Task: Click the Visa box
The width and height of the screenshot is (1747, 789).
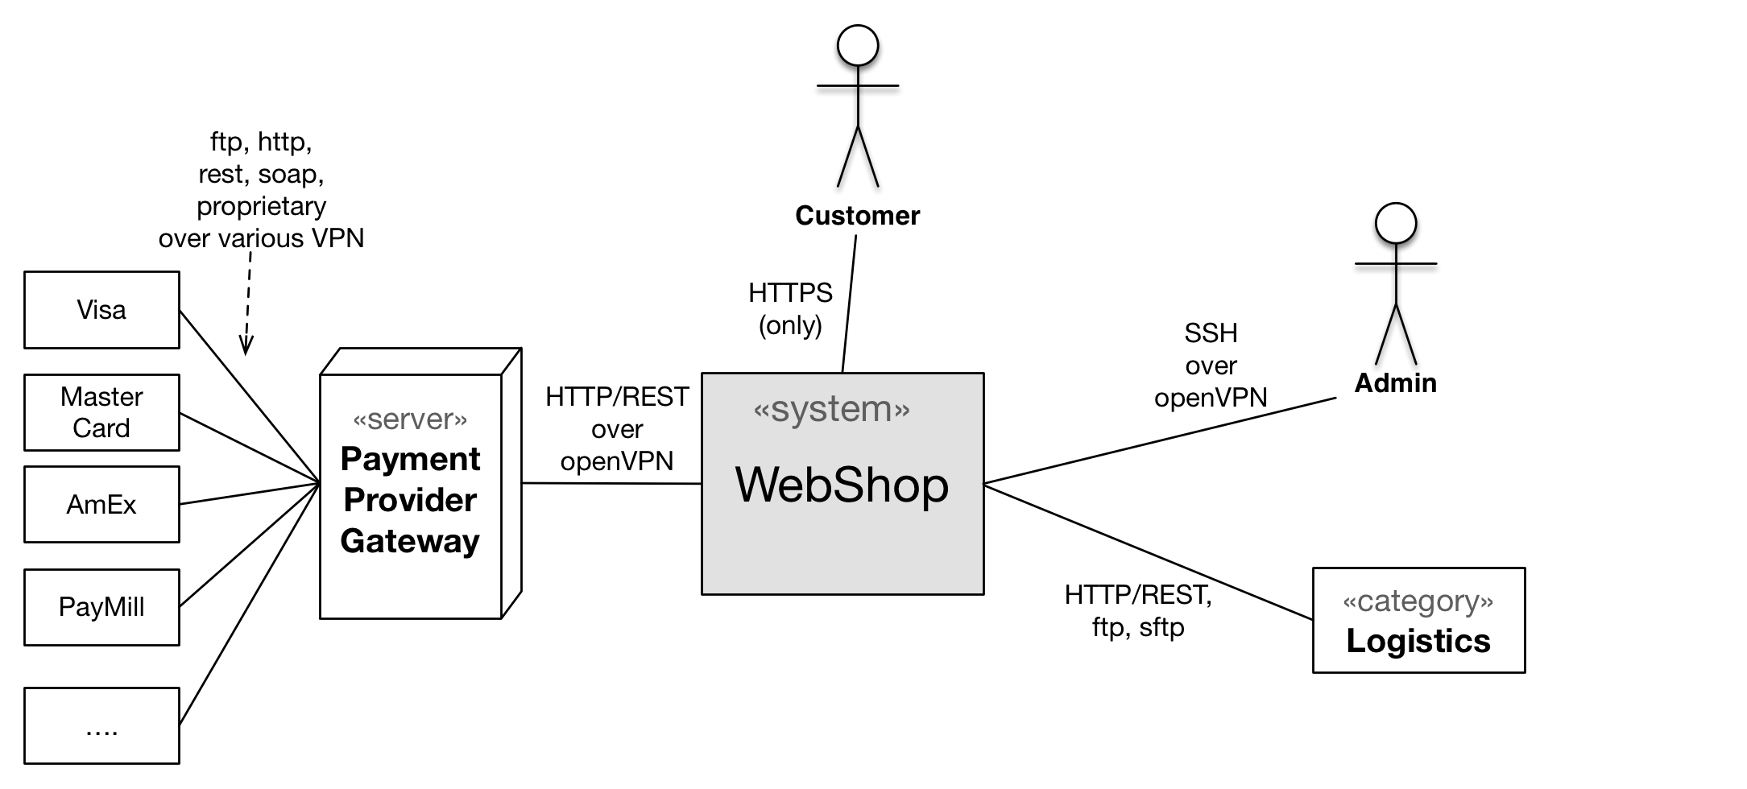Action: tap(101, 310)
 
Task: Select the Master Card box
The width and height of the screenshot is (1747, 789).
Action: tap(101, 412)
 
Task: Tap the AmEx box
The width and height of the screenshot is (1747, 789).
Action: tap(101, 504)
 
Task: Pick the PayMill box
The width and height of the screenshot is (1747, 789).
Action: tap(101, 607)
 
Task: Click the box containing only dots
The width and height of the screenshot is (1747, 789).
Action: tap(101, 725)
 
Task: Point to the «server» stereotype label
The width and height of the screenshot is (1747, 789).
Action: tap(410, 419)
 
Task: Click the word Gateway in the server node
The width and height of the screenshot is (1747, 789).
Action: tap(410, 541)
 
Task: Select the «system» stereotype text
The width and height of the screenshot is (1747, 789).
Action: tap(831, 409)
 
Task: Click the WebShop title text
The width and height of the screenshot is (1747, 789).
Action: tap(842, 485)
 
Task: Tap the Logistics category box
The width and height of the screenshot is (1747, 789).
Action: tap(1418, 620)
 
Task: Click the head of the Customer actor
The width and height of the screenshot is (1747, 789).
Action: tap(858, 45)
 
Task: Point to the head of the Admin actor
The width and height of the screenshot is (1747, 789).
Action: tap(1396, 223)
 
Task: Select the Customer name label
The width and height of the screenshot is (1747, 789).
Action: tap(857, 216)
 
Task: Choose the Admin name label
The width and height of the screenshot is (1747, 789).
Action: tap(1395, 383)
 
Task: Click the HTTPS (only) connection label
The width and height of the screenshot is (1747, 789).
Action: tap(790, 309)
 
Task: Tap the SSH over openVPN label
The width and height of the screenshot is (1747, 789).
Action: tap(1211, 366)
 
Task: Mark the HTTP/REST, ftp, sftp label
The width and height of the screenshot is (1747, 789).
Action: tap(1138, 611)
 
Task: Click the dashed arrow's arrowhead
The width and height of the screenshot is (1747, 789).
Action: tap(246, 345)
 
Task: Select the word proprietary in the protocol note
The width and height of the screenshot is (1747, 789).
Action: tap(262, 206)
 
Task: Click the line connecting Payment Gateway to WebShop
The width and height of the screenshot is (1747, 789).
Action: tap(611, 483)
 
